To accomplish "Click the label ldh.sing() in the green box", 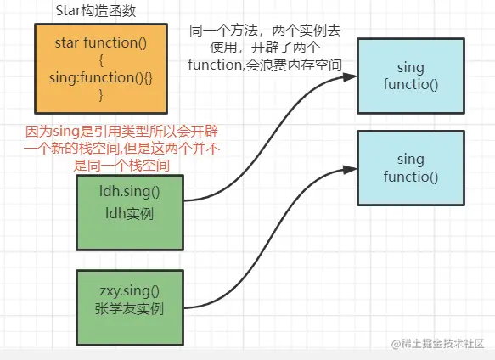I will click(x=130, y=191).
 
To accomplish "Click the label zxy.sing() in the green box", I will click(x=130, y=288).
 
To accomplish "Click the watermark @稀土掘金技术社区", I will click(x=436, y=342).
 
